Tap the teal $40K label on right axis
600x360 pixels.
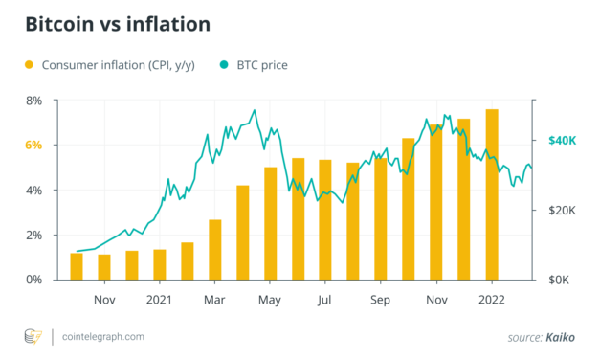(562, 141)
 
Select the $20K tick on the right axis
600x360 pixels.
(562, 211)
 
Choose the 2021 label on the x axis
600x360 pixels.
(159, 301)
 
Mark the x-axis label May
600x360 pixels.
(271, 301)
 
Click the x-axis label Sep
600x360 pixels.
(381, 301)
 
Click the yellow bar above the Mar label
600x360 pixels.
(215, 250)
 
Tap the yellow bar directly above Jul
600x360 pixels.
(325, 219)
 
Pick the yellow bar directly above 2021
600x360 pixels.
(160, 264)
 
